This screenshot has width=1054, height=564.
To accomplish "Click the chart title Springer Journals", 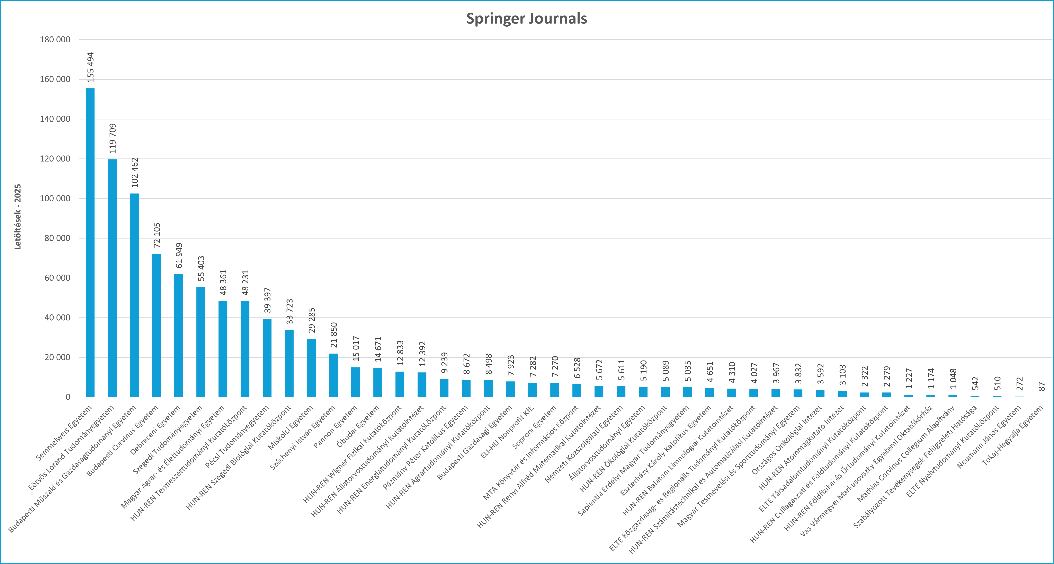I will pos(527,18).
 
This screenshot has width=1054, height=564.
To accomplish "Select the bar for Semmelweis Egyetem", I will pos(90,242).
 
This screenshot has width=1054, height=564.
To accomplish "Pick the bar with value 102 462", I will pos(134,295).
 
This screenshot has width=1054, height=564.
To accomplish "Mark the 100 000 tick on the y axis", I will pos(55,199).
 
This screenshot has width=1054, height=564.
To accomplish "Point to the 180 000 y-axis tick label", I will pos(55,40).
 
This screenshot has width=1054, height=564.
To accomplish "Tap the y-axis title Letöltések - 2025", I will pos(18,217).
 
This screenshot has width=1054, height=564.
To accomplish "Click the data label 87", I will pos(1042,386).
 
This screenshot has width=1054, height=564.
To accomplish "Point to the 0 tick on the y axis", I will pos(68,397).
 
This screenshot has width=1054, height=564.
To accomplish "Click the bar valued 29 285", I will pos(311,367).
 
